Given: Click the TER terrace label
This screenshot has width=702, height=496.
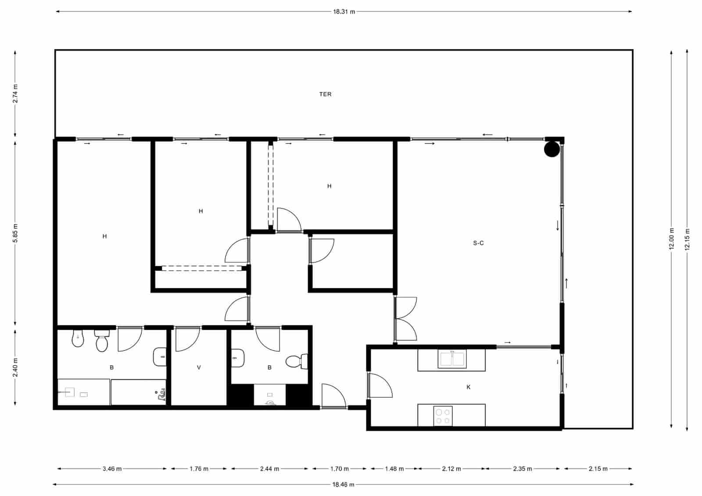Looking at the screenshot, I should tap(325, 94).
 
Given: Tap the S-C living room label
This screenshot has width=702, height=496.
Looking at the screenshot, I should tap(478, 243).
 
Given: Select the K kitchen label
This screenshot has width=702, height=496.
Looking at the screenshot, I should tap(469, 387).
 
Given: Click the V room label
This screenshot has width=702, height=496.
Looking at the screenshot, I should tap(199, 368).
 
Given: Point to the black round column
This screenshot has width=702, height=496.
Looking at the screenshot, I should tap(552, 149).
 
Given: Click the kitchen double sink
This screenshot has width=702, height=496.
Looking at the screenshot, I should tap(452, 359).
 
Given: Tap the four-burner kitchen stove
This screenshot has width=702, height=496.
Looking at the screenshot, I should tap(443, 416).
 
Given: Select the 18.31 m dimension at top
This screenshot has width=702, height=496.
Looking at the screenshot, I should tap(344, 12).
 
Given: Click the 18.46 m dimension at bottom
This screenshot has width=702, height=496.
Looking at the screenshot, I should tap(343, 485).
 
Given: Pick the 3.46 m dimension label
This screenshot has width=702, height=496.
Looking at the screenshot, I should tap(112, 469).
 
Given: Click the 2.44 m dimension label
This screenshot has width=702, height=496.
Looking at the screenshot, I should tap(269, 469).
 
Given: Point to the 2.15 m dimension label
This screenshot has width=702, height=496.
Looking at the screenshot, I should tap(598, 469).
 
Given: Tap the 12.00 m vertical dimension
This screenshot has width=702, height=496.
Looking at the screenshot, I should tap(671, 239).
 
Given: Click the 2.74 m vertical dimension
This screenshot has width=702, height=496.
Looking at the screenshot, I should tap(15, 93).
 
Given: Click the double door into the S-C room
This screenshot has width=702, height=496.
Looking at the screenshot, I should tap(405, 319).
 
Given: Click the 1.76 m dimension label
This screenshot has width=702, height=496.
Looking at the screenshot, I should tap(199, 469).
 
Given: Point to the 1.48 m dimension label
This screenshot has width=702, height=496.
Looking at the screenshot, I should tap(394, 469).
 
